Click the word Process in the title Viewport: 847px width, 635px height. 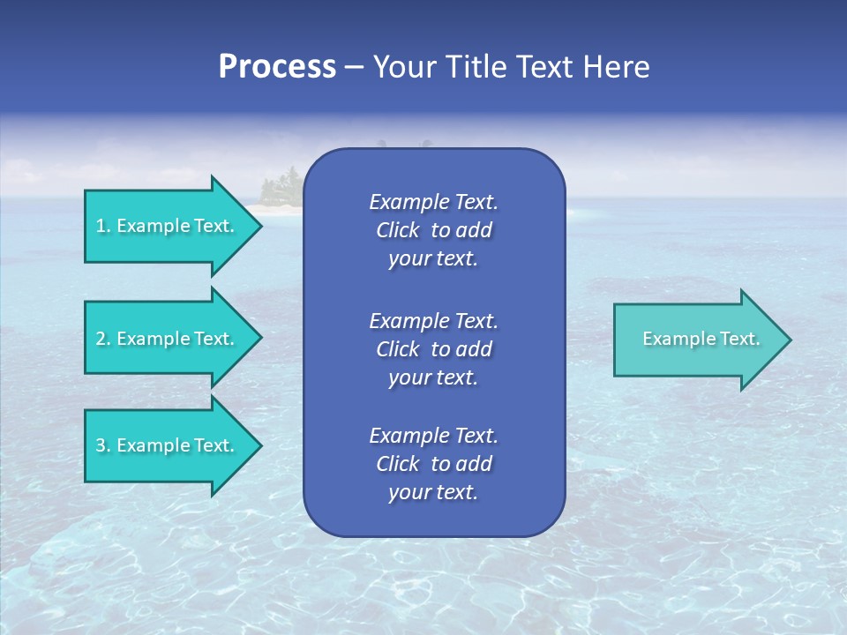coord(277,67)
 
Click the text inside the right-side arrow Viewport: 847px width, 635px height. coord(701,339)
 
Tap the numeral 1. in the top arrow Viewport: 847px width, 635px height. coord(103,226)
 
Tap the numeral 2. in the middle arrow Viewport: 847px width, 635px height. coord(103,339)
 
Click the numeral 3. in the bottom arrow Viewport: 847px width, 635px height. coord(103,445)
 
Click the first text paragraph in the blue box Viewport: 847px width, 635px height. coord(433,230)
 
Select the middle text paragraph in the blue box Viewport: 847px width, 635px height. coord(433,349)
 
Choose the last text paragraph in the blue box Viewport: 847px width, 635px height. coord(433,464)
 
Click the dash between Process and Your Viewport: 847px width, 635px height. coord(354,68)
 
